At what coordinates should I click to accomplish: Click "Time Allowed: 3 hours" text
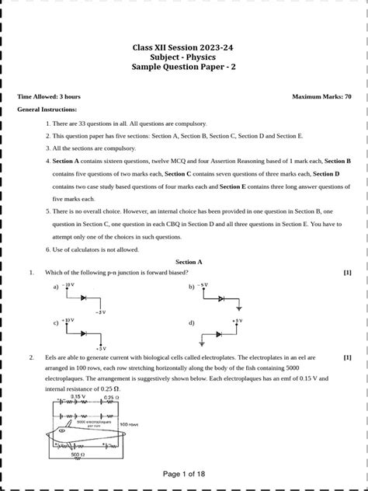pyautogui.click(x=49, y=96)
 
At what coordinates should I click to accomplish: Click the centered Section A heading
pyautogui.click(x=189, y=263)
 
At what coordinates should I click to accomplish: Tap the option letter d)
pyautogui.click(x=191, y=322)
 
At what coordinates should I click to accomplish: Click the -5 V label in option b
pyautogui.click(x=203, y=285)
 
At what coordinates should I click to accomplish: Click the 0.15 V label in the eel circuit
pyautogui.click(x=77, y=396)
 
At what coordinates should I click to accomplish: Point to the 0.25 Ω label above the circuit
pyautogui.click(x=111, y=397)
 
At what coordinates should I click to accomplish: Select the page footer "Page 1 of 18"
pyautogui.click(x=184, y=474)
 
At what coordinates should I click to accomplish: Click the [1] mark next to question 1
pyautogui.click(x=347, y=273)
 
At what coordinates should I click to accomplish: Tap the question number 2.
pyautogui.click(x=31, y=357)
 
